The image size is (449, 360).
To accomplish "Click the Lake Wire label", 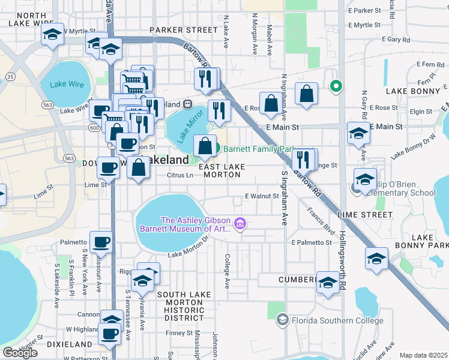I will (67, 85).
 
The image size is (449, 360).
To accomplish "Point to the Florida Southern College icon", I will (282, 320).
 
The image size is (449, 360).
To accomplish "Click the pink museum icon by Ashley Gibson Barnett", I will (240, 224).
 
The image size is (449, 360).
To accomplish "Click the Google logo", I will (20, 352).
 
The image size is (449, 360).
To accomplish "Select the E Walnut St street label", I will (262, 196).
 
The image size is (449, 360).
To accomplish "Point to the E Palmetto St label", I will (312, 242).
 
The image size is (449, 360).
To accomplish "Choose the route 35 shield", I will (10, 77).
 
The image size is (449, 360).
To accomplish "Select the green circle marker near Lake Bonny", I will (336, 86).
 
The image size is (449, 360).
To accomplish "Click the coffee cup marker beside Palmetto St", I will (101, 242).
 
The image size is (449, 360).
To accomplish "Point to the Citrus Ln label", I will (180, 175).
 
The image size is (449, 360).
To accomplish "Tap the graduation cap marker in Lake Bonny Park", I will (376, 258).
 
